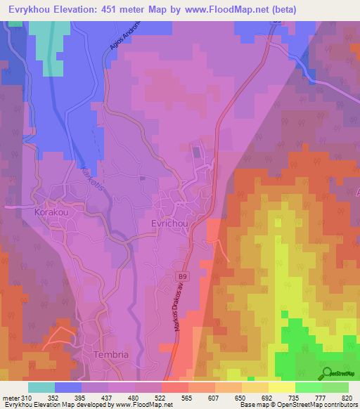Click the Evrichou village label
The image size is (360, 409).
click(168, 222)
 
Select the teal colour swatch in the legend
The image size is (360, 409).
click(41, 387)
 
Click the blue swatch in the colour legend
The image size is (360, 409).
click(68, 387)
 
